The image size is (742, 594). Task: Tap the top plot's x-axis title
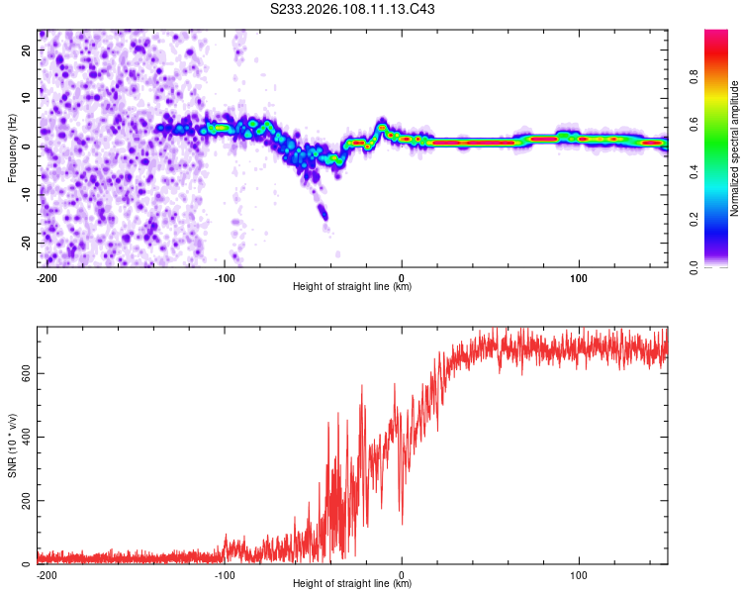[x=352, y=286]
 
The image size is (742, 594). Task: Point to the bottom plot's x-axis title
[x=352, y=583]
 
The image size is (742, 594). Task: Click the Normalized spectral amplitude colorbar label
[x=734, y=148]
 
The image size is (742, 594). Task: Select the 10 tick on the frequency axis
[x=27, y=98]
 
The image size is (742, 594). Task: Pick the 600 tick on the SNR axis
[x=22, y=373]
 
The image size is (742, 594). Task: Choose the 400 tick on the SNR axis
[x=22, y=437]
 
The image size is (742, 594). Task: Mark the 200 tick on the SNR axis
[x=22, y=501]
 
